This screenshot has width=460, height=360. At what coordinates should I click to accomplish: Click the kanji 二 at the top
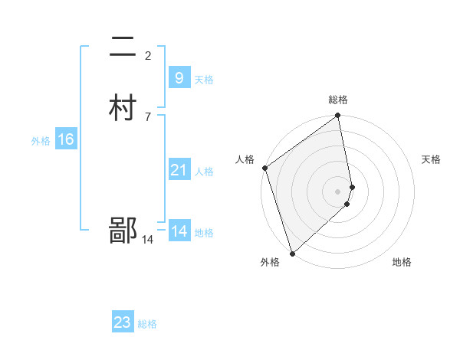pyautogui.click(x=123, y=49)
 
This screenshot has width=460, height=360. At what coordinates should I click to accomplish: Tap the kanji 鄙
pyautogui.click(x=123, y=230)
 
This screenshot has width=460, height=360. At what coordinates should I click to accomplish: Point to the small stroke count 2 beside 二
pyautogui.click(x=148, y=55)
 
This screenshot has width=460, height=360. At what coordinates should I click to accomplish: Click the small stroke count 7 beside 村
pyautogui.click(x=148, y=116)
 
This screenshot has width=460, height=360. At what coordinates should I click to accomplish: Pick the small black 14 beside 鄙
pyautogui.click(x=147, y=240)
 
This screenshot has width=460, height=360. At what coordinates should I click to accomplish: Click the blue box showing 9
pyautogui.click(x=179, y=78)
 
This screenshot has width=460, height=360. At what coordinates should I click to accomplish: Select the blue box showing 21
pyautogui.click(x=179, y=170)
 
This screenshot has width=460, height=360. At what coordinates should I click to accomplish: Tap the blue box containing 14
pyautogui.click(x=179, y=231)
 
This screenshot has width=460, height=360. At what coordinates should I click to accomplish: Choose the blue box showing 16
pyautogui.click(x=65, y=139)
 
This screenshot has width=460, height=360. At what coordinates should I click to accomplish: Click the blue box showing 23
pyautogui.click(x=123, y=322)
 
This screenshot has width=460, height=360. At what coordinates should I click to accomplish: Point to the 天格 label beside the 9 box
pyautogui.click(x=204, y=80)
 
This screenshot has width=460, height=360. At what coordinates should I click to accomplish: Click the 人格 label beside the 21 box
pyautogui.click(x=204, y=172)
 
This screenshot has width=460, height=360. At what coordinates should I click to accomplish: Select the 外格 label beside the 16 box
pyautogui.click(x=41, y=141)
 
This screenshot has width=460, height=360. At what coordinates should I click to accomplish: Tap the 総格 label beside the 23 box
pyautogui.click(x=147, y=324)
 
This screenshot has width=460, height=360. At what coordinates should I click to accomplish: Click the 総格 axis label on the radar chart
pyautogui.click(x=338, y=100)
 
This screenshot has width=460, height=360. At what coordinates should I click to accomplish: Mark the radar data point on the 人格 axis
pyautogui.click(x=264, y=168)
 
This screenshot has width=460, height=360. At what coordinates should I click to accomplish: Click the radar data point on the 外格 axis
pyautogui.click(x=292, y=253)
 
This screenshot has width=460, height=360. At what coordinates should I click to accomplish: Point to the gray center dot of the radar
pyautogui.click(x=338, y=191)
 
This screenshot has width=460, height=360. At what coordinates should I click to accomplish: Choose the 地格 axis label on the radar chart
pyautogui.click(x=402, y=262)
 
